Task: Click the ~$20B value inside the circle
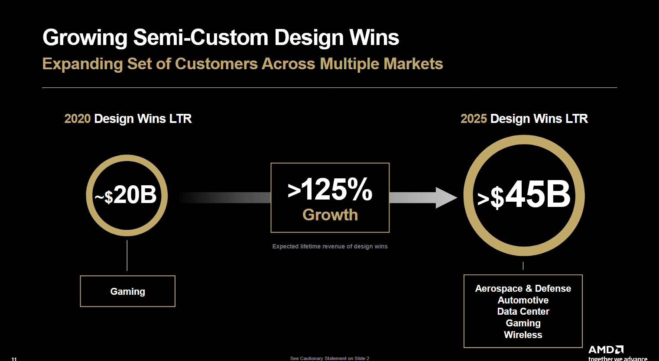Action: point(126,195)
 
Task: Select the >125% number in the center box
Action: point(330,190)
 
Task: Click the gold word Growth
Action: point(330,215)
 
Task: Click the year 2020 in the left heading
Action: point(78,119)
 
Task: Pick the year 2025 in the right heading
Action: point(474,119)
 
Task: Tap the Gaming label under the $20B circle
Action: point(128,291)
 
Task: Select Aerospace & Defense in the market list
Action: point(523,288)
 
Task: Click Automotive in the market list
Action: point(523,300)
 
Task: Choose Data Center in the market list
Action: point(523,311)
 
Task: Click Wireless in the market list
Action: point(523,335)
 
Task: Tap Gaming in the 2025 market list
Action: point(523,323)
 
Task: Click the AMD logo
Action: point(606,350)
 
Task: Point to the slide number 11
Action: point(14,359)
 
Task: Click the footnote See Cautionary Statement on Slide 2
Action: point(329,358)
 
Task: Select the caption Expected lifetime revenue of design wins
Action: point(330,246)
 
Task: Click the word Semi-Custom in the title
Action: point(200,38)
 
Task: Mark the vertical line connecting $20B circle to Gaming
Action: point(127,255)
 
